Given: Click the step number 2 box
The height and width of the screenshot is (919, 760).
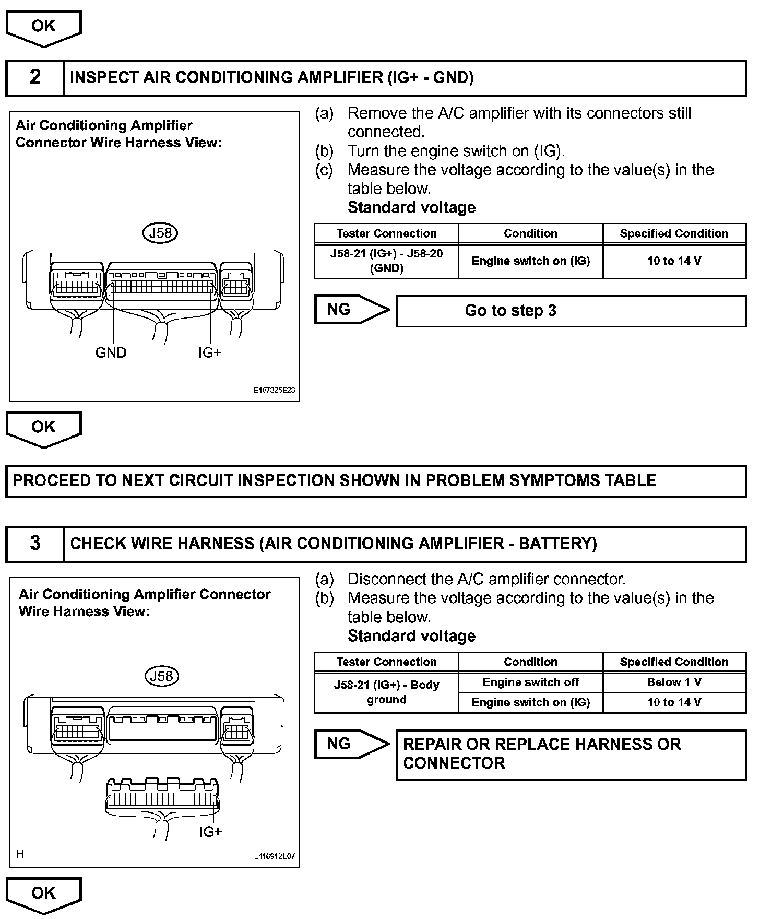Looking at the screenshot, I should [35, 78].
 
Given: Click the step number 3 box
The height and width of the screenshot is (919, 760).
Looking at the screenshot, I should [35, 544].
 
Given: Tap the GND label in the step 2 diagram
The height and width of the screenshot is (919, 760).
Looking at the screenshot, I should [111, 353].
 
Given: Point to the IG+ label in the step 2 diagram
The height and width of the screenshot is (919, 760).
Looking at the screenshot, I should [209, 353].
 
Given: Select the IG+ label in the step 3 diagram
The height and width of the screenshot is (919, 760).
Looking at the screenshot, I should [210, 832].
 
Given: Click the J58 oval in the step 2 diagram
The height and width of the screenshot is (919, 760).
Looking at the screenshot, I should [160, 233].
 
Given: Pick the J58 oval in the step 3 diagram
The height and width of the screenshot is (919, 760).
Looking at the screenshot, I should [161, 677].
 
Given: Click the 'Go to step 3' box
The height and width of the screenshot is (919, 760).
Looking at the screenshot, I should [571, 311].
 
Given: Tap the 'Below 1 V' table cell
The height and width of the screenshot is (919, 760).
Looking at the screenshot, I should [674, 682].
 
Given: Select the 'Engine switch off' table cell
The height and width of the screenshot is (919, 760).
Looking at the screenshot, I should [530, 682].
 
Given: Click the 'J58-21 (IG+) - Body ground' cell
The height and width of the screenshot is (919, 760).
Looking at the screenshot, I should [386, 692].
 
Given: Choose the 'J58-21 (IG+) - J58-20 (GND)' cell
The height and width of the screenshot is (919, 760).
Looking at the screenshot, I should [386, 261].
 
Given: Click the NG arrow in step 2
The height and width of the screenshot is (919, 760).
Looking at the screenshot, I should [352, 310].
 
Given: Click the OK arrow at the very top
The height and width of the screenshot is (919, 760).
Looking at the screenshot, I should [44, 27].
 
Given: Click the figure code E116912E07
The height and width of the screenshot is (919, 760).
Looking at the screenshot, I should [275, 857].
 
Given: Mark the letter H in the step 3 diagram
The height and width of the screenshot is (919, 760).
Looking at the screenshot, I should [20, 855].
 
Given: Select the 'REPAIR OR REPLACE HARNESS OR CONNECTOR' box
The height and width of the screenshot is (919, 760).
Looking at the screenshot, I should [571, 755].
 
